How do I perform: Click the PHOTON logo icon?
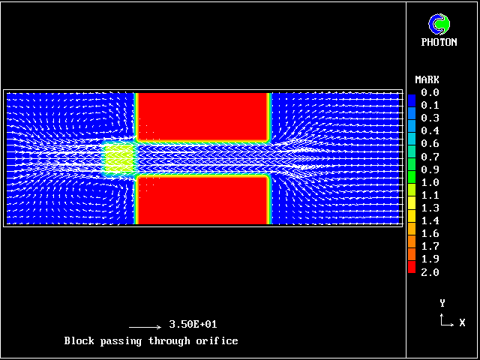[x=439, y=24]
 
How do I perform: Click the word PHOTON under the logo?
[x=439, y=42]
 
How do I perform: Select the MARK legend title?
[x=427, y=80]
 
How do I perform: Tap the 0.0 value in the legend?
[x=430, y=92]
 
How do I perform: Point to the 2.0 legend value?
[x=430, y=272]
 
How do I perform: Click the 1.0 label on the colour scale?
[x=430, y=182]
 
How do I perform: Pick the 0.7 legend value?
[x=430, y=157]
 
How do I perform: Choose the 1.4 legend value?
[x=430, y=220]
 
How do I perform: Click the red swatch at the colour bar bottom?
[x=412, y=267]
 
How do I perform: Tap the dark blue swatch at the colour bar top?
[x=412, y=100]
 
